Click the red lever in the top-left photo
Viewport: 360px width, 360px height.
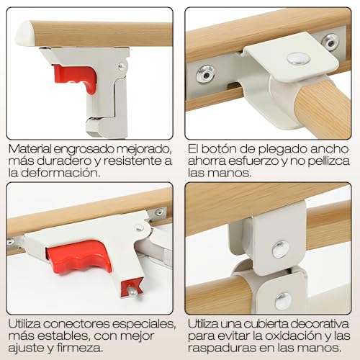[x=76, y=78]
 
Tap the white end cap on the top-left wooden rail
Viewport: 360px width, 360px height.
[x=24, y=32]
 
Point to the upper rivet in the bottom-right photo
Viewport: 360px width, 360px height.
[x=282, y=248]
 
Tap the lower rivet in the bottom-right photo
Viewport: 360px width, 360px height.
[x=284, y=301]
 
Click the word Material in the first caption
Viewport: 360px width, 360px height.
[x=32, y=148]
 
